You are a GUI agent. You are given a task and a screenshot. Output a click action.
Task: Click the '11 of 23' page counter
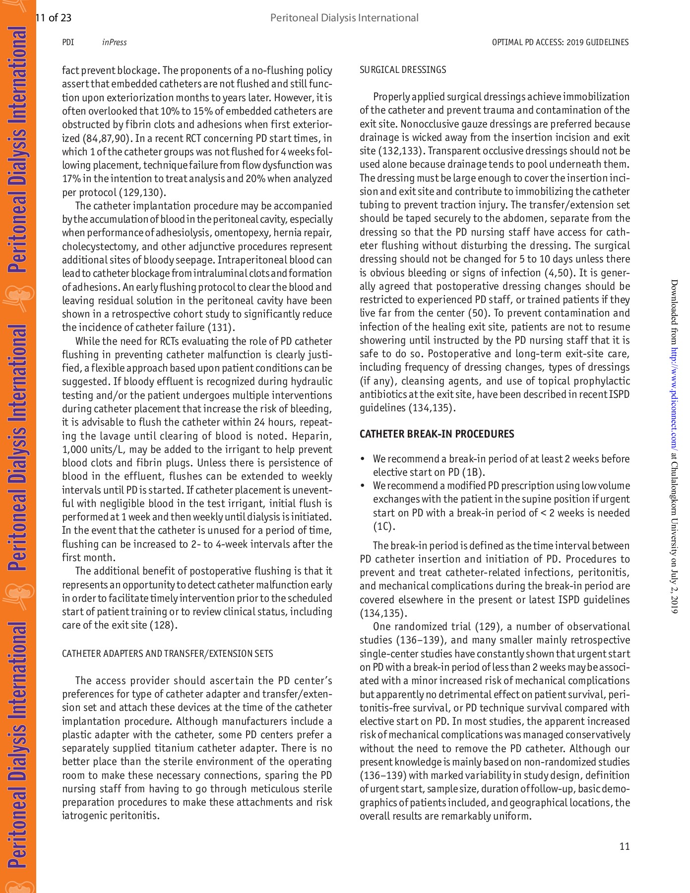tap(54, 18)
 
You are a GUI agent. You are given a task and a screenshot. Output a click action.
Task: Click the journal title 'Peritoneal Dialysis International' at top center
tap(344, 18)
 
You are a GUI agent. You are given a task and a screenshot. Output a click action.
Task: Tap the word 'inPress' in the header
tap(114, 42)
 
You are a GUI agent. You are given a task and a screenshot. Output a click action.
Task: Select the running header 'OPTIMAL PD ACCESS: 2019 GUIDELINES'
tap(560, 42)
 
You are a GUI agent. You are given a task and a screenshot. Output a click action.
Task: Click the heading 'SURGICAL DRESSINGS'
tap(403, 70)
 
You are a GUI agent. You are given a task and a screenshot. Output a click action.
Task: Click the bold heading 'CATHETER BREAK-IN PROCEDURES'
tap(437, 434)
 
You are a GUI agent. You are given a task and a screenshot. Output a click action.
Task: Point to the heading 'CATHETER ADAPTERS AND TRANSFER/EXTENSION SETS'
tap(167, 653)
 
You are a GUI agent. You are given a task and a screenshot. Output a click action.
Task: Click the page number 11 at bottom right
tap(625, 846)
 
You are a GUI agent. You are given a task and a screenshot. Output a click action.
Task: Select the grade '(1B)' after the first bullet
tap(473, 472)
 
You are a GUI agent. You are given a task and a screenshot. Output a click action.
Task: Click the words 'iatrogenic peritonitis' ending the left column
tap(110, 816)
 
